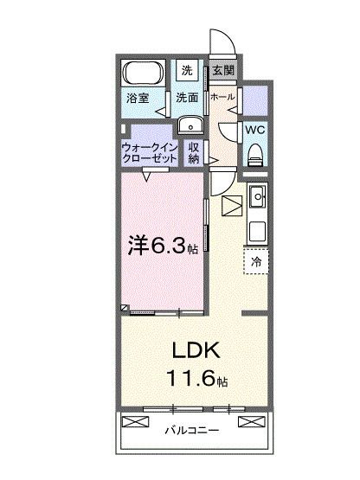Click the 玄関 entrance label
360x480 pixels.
[x=221, y=71]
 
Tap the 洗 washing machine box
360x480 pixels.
[x=187, y=71]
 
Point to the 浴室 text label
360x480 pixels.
[x=138, y=99]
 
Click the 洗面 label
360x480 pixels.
[x=188, y=99]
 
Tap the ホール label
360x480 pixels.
[x=222, y=98]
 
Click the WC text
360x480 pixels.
[x=254, y=129]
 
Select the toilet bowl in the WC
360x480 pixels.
[x=254, y=156]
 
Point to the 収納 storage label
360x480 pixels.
[x=194, y=152]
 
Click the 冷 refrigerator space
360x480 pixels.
[x=256, y=260]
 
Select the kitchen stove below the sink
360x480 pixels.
[x=256, y=231]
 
